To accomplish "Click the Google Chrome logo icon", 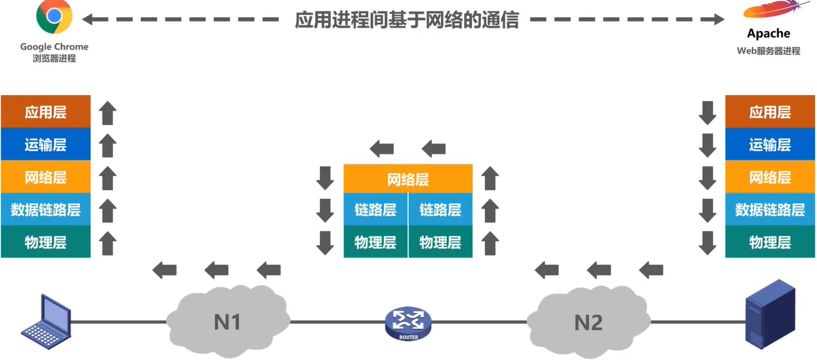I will (54, 17).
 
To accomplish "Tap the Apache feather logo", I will (775, 10).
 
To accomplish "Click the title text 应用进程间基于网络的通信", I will (407, 20).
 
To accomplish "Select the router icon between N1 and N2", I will (408, 324).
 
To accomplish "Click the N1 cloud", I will (228, 322).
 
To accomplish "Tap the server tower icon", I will (770, 314).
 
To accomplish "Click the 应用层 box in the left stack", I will (46, 112).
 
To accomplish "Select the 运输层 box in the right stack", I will (770, 144).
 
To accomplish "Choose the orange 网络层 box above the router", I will (408, 179).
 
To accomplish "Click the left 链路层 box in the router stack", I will (376, 209).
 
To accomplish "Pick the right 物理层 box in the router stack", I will (440, 242).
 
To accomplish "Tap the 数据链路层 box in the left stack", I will (46, 209).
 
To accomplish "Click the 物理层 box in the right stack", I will (770, 242).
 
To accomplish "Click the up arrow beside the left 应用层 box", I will (108, 113).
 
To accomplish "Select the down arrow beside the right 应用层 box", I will (707, 113).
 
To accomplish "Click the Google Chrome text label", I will (54, 47).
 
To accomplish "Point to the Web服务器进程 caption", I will (768, 51).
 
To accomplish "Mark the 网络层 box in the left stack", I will (46, 177).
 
